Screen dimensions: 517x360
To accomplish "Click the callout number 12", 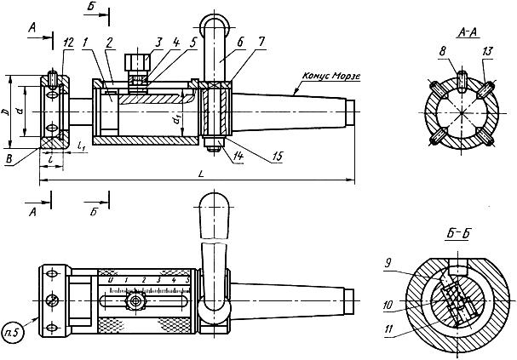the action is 68,43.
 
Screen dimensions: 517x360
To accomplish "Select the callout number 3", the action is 158,43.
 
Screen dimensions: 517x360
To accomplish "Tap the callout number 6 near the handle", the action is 239,43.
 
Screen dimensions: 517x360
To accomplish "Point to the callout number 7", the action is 261,43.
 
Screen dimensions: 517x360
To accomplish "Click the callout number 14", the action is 238,156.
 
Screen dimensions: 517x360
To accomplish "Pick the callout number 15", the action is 277,157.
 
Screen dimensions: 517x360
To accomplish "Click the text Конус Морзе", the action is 331,76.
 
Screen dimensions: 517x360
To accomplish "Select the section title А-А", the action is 468,32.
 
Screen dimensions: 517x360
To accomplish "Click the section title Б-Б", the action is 457,233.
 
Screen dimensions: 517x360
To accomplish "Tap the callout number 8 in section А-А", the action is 443,51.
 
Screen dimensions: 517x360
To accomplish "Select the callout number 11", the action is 389,329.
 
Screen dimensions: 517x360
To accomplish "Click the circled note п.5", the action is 13,333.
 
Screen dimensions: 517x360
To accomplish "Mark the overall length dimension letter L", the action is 200,174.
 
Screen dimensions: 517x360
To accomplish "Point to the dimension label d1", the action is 177,120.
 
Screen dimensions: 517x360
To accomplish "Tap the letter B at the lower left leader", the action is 9,159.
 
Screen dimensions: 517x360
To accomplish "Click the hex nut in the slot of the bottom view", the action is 135,300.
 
